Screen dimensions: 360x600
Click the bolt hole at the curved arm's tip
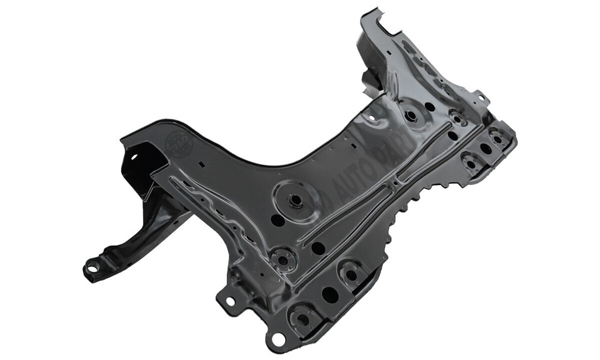pos(92,269)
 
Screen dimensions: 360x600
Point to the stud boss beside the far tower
pos(411,116)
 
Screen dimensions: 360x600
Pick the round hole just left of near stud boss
pos(277,220)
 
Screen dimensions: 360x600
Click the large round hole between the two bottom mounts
pos(329,294)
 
